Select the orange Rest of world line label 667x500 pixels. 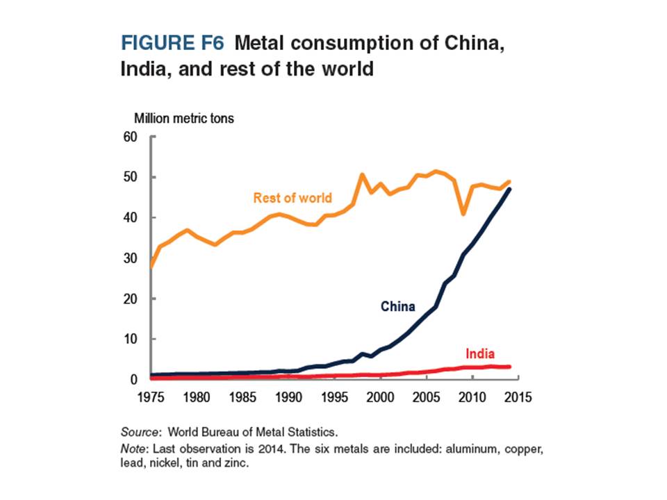293,198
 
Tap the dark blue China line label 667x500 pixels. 398,306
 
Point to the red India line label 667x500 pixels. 480,353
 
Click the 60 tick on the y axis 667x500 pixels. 131,137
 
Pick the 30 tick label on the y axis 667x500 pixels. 131,258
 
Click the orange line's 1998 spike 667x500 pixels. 362,174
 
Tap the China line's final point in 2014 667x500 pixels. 509,189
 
